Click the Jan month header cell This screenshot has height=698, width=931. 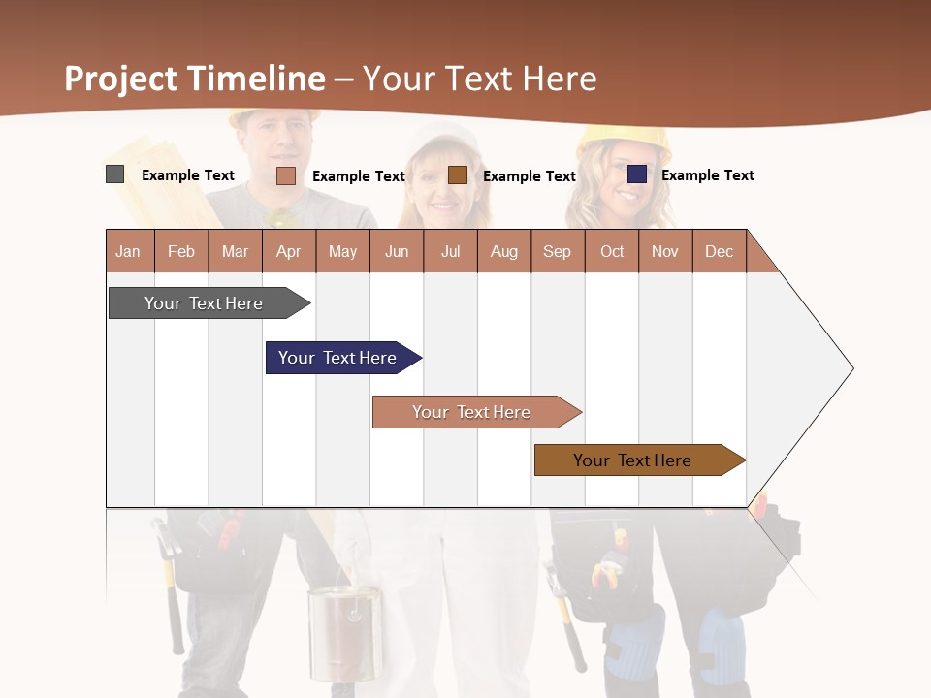[x=129, y=251]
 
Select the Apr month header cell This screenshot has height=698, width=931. [x=289, y=251]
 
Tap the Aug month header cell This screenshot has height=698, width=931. [x=504, y=251]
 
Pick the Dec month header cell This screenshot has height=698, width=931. [x=720, y=251]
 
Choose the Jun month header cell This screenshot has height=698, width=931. [x=397, y=251]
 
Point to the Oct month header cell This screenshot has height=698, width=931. [x=612, y=251]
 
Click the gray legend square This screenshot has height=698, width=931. [x=114, y=174]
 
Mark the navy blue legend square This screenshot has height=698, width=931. [x=636, y=174]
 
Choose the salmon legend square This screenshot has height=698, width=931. [x=285, y=175]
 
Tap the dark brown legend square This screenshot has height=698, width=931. [x=458, y=175]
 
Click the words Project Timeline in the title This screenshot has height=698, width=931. [x=195, y=79]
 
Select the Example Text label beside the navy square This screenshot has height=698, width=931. [x=708, y=175]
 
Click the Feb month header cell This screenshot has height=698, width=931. [x=181, y=251]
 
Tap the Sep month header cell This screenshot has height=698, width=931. [x=558, y=251]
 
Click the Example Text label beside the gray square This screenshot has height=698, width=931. [x=188, y=175]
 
